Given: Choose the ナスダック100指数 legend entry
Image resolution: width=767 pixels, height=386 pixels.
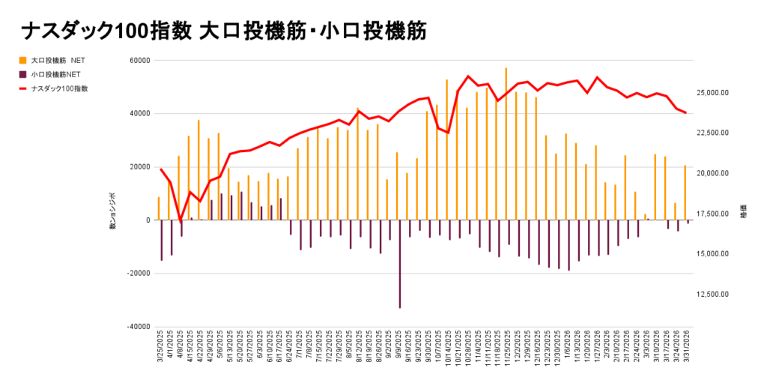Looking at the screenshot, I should pyautogui.click(x=59, y=88).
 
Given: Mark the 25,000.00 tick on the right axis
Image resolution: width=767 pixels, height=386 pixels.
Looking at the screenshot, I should pyautogui.click(x=713, y=93).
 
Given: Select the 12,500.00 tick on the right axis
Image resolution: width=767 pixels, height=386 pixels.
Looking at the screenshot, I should pyautogui.click(x=713, y=295).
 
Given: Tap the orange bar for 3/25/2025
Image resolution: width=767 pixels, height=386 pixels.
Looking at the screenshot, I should pyautogui.click(x=159, y=208).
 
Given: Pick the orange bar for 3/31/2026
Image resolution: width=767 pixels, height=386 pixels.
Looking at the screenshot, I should pyautogui.click(x=685, y=193).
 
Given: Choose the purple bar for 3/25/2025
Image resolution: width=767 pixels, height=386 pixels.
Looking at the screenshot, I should pyautogui.click(x=162, y=240).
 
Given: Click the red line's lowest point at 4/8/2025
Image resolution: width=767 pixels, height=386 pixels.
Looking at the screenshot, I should pyautogui.click(x=181, y=221).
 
